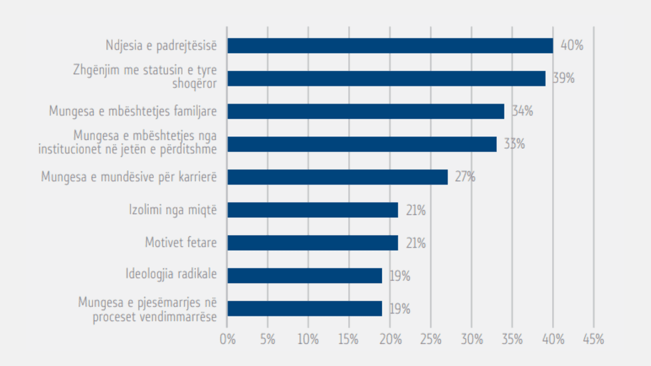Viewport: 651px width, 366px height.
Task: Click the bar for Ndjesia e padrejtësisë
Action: (x=390, y=46)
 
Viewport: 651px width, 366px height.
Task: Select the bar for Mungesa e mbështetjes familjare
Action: (x=365, y=111)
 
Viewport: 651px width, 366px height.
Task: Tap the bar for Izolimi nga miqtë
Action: (x=312, y=210)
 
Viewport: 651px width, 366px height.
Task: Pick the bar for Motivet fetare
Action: (x=312, y=243)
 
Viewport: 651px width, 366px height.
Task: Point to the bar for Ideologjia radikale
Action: (x=304, y=276)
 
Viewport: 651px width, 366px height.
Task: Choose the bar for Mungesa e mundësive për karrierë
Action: (x=337, y=177)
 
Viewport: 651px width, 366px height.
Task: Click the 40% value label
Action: (x=571, y=46)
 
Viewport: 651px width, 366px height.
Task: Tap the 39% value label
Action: (x=563, y=78)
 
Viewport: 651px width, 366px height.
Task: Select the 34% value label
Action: (x=522, y=111)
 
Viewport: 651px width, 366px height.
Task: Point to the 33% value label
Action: (x=514, y=144)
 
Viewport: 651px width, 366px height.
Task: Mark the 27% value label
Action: (x=465, y=177)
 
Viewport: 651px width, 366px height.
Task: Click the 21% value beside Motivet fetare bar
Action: (x=416, y=243)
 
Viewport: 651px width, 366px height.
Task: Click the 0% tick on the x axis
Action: (x=227, y=339)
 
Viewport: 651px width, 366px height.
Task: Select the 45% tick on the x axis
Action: (x=593, y=339)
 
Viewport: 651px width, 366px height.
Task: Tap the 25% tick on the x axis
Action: (x=430, y=339)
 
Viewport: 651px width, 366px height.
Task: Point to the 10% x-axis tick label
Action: (x=308, y=339)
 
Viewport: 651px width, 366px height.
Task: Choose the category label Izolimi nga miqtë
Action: (x=173, y=210)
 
